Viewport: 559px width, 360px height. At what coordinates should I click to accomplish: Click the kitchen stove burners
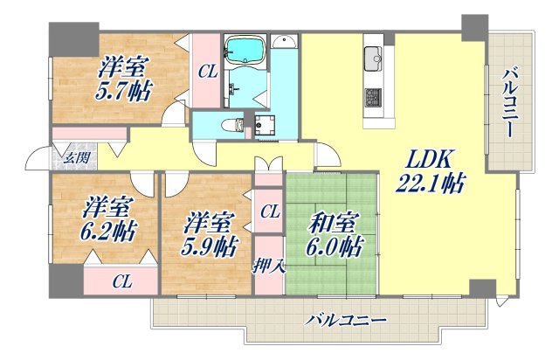[x=372, y=95]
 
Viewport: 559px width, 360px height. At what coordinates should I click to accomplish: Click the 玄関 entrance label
[x=75, y=157]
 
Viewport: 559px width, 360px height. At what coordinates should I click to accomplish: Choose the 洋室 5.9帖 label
[x=209, y=233]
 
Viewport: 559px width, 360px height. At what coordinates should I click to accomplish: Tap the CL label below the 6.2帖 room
[x=121, y=280]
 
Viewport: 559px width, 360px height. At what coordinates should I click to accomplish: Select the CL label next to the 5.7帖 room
[x=206, y=73]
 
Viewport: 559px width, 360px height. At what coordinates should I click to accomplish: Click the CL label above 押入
[x=269, y=211]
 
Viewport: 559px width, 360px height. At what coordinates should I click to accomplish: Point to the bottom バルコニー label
[x=345, y=322]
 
